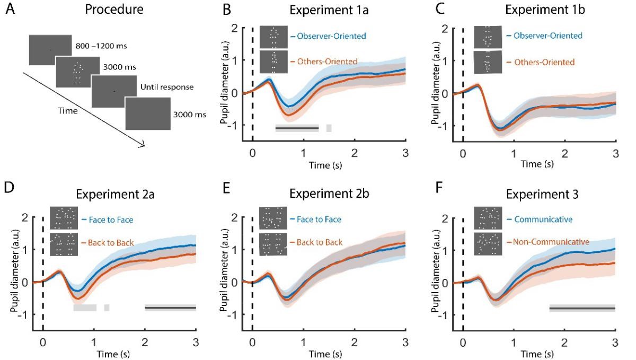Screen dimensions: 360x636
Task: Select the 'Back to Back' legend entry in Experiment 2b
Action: coord(317,242)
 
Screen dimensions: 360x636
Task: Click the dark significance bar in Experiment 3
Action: coord(581,308)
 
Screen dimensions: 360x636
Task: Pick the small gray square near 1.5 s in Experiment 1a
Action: coord(329,128)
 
